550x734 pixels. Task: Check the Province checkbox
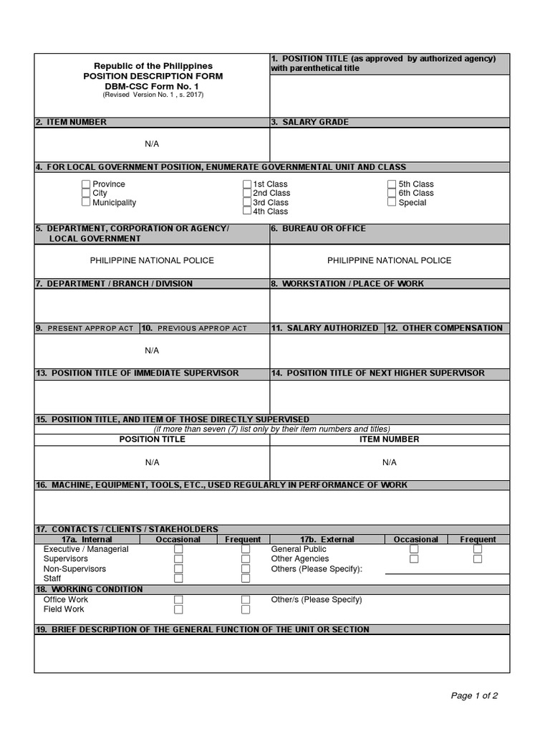pos(86,184)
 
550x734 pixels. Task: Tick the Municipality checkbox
pos(86,202)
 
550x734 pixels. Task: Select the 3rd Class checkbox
pos(247,202)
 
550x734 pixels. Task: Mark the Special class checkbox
pos(392,202)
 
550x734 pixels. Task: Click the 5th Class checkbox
pos(392,184)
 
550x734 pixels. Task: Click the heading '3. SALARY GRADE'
pos(310,123)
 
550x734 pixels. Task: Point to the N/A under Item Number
pos(152,144)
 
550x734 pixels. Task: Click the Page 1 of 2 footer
pos(474,695)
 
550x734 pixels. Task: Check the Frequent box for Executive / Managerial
pos(246,549)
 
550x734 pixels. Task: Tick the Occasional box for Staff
pos(178,578)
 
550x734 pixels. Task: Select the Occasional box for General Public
pos(414,549)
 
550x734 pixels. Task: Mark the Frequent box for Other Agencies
pos(478,559)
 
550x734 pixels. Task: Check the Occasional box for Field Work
pos(178,609)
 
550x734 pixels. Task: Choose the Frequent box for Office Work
pos(246,599)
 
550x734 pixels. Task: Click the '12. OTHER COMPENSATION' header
pos(447,328)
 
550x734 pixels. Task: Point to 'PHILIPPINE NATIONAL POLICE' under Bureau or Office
pos(390,261)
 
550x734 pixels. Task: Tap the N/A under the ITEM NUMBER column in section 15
pos(390,462)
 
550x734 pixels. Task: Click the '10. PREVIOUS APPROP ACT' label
pos(195,328)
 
